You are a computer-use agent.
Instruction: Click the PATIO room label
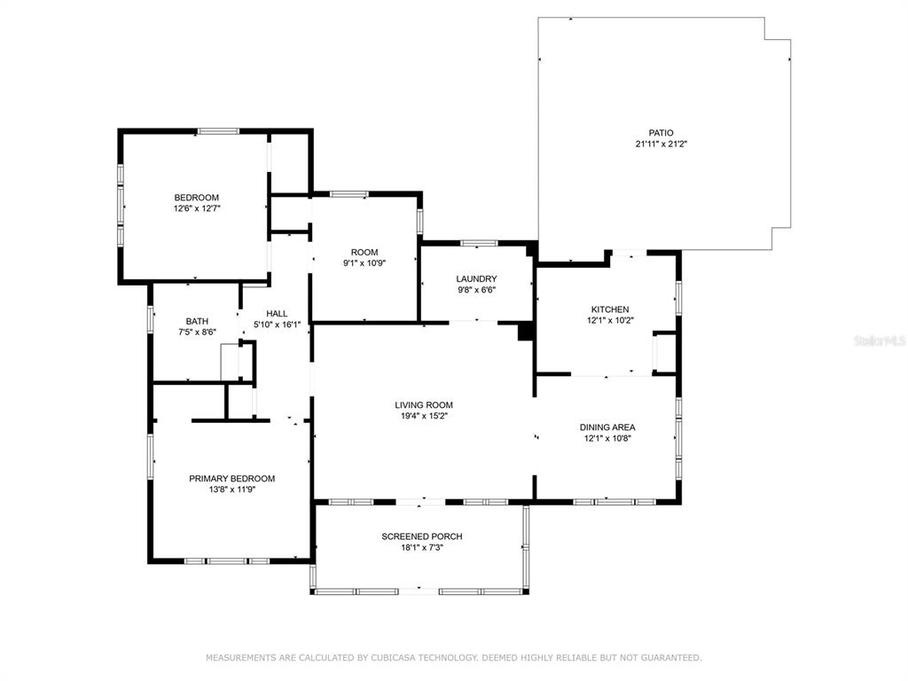[661, 133]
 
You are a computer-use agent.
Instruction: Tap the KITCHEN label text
[610, 309]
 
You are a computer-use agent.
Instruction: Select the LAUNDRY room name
[476, 279]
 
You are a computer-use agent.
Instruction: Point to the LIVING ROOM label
[424, 405]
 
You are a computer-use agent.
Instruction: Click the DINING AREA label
[607, 427]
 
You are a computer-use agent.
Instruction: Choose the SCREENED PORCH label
[422, 536]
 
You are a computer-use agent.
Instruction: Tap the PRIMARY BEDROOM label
[232, 479]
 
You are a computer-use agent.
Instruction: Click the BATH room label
[197, 321]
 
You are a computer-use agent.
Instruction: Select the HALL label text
[277, 314]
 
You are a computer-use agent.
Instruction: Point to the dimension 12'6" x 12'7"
[197, 208]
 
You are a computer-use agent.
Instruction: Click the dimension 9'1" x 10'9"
[364, 262]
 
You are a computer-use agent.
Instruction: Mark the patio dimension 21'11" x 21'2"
[661, 145]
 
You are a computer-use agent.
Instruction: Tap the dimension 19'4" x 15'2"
[424, 416]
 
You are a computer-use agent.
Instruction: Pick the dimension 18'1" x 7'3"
[422, 547]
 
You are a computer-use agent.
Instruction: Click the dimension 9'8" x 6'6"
[476, 290]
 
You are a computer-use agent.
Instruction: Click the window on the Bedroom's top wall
[218, 131]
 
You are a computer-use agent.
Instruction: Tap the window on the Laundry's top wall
[479, 243]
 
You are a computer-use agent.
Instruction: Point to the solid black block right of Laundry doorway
[525, 332]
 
